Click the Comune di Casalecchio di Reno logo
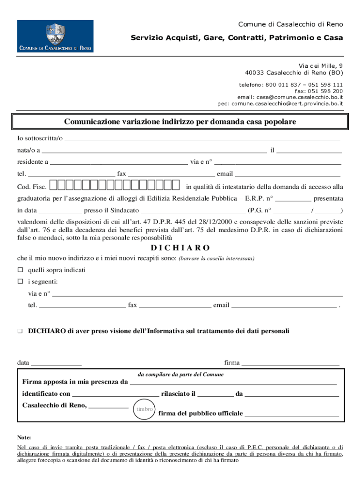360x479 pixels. [x=55, y=36]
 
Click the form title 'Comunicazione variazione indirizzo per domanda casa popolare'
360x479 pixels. [x=180, y=122]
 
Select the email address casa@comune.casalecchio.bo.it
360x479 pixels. [x=300, y=97]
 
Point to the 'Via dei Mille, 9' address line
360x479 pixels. [x=321, y=66]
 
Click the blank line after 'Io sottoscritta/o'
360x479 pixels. [x=202, y=139]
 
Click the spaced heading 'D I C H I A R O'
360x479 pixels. [x=180, y=247]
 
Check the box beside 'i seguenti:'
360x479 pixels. [x=20, y=282]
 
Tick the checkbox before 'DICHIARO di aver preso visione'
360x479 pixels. [x=20, y=331]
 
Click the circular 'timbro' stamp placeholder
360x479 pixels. [x=144, y=409]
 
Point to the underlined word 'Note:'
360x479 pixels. [x=24, y=438]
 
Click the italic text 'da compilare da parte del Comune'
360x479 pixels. [x=180, y=375]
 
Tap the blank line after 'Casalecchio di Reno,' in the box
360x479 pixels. [x=108, y=406]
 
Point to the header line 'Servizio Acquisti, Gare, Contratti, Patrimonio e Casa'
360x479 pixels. [x=237, y=37]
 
